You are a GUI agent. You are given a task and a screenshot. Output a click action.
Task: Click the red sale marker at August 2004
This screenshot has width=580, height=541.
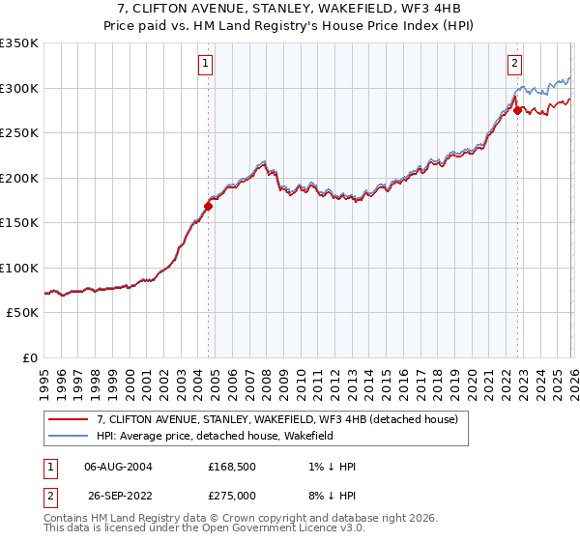point(208,206)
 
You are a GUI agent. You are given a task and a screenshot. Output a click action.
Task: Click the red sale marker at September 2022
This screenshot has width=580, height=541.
point(517,110)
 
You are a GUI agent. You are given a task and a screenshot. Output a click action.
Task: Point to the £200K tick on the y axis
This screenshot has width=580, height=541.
point(20,178)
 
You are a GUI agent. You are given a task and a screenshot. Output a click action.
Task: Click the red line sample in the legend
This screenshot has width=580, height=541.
point(70,419)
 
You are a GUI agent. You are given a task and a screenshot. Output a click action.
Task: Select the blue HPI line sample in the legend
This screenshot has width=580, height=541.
point(70,437)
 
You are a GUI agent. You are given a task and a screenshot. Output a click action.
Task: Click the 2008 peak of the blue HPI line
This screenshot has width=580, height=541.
point(263,161)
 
